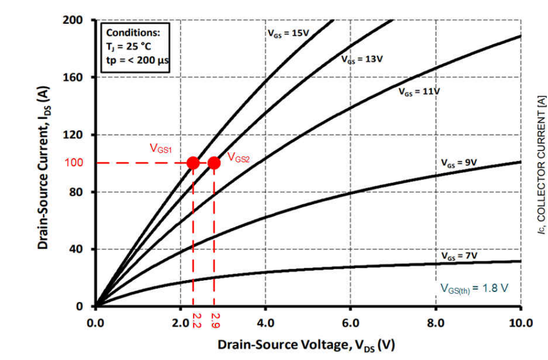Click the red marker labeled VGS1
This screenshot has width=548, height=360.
click(193, 163)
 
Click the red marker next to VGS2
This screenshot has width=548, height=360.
click(214, 163)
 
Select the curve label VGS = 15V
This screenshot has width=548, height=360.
click(286, 33)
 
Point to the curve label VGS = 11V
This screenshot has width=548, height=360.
click(419, 92)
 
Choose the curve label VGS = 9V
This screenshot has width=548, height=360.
click(459, 163)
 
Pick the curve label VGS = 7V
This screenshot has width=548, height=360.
click(459, 256)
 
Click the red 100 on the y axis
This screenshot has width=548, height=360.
click(74, 163)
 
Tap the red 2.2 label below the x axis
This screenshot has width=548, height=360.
click(195, 320)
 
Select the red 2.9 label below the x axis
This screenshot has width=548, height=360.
click(215, 320)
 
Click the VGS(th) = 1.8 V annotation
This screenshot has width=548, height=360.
click(474, 288)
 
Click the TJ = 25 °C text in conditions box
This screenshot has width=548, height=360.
click(130, 47)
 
